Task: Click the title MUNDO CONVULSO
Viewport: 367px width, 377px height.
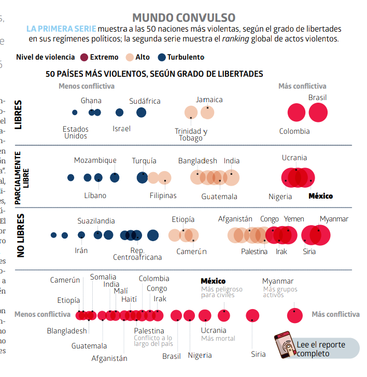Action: click(183, 19)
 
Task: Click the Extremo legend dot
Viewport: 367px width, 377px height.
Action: click(84, 57)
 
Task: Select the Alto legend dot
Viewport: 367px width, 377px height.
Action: click(130, 57)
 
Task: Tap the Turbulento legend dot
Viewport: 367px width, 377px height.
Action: click(162, 57)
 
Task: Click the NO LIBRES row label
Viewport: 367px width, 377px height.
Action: click(21, 235)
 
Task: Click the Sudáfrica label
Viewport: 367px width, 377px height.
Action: click(145, 101)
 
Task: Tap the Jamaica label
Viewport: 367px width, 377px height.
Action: click(209, 100)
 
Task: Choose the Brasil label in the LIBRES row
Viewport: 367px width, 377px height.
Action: click(317, 97)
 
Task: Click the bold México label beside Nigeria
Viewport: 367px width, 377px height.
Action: click(321, 196)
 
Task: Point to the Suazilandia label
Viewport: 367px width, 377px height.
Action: click(96, 221)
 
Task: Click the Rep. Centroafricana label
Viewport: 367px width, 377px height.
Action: click(137, 254)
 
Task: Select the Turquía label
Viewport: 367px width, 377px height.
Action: click(144, 161)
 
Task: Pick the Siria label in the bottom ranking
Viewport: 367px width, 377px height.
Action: click(258, 354)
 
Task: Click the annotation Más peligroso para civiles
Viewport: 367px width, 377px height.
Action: click(221, 292)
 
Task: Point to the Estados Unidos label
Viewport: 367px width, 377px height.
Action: click(76, 133)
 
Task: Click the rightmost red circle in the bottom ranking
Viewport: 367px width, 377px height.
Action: click(295, 315)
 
